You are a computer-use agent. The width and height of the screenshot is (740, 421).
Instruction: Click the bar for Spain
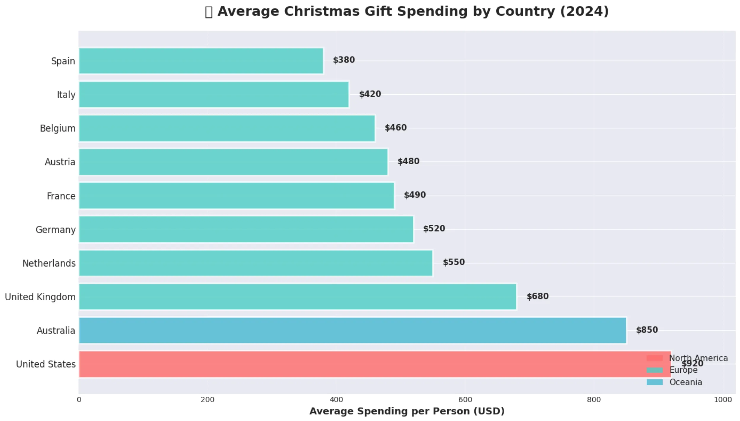coord(201,61)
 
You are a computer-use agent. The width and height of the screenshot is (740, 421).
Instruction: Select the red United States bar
coord(356,364)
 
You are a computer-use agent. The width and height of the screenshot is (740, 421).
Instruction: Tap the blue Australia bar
coord(352,330)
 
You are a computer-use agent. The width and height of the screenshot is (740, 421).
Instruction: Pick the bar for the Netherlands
coord(256,263)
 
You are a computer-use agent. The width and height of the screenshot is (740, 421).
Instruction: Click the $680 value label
coord(537,296)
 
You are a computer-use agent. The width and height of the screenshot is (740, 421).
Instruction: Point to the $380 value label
coord(344,60)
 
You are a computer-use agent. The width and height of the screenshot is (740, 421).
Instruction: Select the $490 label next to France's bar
coord(414,195)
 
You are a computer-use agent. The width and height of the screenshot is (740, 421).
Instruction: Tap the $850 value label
coord(647,330)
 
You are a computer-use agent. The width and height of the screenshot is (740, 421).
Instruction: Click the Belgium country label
coord(58,128)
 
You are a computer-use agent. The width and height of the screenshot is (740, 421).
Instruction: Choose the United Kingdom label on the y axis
coord(40,297)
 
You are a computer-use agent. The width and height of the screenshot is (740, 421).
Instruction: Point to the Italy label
coord(66,95)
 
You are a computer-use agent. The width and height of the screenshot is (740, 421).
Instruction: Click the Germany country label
coord(55,229)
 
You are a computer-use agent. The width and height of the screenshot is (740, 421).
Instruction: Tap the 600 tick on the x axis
coord(465,400)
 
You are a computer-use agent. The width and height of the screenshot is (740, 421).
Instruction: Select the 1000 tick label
coord(723,400)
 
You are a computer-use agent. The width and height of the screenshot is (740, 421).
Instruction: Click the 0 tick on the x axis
coord(79,400)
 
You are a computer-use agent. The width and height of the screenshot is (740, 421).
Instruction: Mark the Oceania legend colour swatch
coord(654,382)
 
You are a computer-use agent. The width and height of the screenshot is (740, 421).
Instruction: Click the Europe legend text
coord(683,370)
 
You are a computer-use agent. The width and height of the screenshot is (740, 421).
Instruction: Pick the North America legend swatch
coord(654,358)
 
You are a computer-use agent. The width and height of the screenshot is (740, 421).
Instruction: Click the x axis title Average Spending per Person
coord(406,411)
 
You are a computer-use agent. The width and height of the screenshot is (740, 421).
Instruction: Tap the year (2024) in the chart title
coord(584,11)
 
